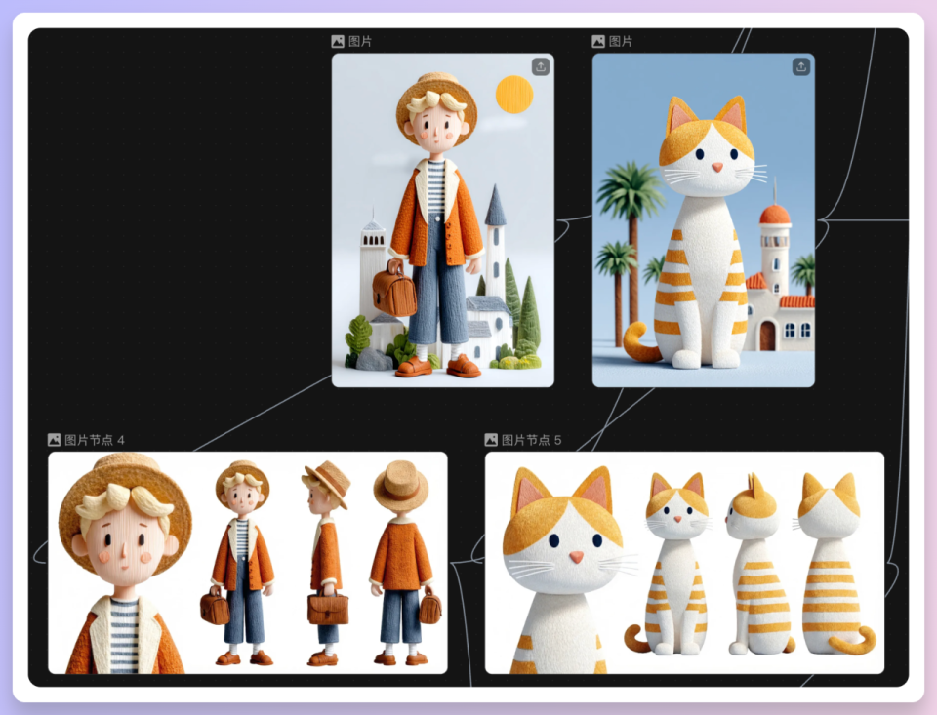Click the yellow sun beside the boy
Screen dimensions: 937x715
pyautogui.click(x=514, y=95)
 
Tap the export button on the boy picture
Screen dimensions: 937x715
pyautogui.click(x=540, y=66)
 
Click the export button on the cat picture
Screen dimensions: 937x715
pyautogui.click(x=800, y=66)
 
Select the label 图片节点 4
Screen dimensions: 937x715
pyautogui.click(x=95, y=440)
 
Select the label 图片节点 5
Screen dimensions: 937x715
pyautogui.click(x=531, y=440)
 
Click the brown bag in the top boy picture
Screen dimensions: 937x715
pyautogui.click(x=393, y=289)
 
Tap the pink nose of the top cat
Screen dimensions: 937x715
pyautogui.click(x=717, y=167)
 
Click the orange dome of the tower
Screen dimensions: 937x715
pyautogui.click(x=776, y=214)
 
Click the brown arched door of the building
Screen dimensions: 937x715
pyautogui.click(x=767, y=336)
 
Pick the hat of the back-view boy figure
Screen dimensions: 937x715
pyautogui.click(x=400, y=485)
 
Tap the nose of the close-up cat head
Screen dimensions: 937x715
pyautogui.click(x=576, y=557)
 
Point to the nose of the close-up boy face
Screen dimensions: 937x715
pyautogui.click(x=124, y=552)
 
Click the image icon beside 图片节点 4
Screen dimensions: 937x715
pyautogui.click(x=54, y=440)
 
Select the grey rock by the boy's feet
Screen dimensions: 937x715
pyautogui.click(x=374, y=359)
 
